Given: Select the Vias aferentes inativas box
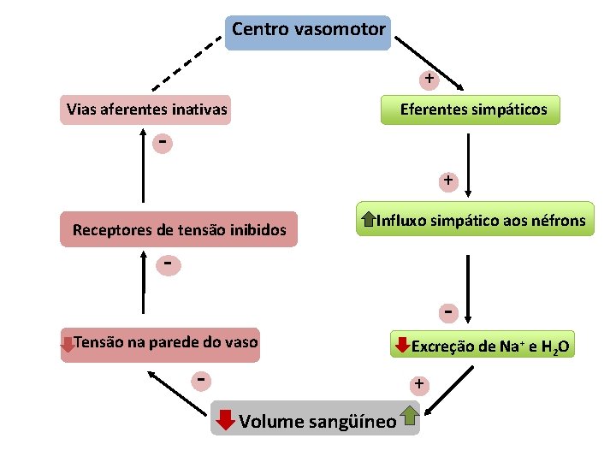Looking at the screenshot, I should click(x=146, y=110).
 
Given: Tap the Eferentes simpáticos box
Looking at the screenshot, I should click(x=473, y=110).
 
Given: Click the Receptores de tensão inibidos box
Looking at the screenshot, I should click(x=179, y=229).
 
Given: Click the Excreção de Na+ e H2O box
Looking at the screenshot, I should click(x=483, y=346).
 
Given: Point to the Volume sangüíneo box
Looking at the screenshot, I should click(x=317, y=419).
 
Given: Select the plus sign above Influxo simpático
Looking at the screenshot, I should click(x=447, y=181).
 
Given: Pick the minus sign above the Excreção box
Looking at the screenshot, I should click(x=447, y=311).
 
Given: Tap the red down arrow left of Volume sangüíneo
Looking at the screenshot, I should click(x=224, y=420).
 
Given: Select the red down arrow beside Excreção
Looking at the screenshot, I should click(x=400, y=346).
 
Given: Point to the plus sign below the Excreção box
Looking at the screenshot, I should click(x=418, y=384).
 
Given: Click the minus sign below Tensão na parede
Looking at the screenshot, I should click(x=200, y=377).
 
